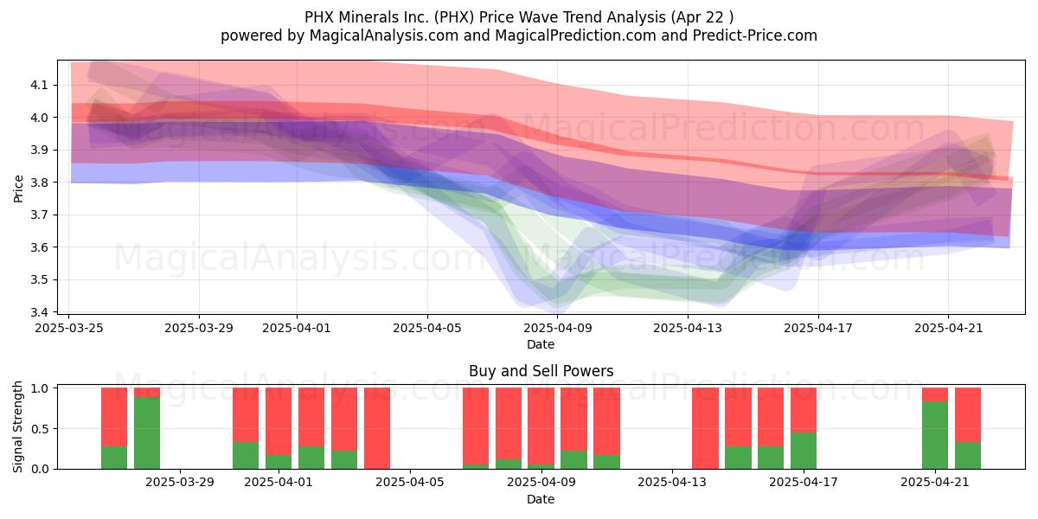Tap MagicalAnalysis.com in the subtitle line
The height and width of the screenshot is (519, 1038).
[384, 35]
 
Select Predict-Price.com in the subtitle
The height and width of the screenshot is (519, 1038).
[755, 35]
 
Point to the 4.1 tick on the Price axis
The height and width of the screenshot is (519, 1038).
[39, 86]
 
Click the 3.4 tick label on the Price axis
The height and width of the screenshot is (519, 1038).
[39, 312]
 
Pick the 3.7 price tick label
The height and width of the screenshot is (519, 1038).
[39, 215]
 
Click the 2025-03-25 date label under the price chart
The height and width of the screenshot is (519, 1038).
[69, 328]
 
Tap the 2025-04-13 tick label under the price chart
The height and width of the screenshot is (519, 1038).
[688, 328]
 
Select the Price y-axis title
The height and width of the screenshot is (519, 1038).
[18, 189]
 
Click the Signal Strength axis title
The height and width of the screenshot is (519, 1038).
[17, 427]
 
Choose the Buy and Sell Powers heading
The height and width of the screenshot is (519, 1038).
[541, 371]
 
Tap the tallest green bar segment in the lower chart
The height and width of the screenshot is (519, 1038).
[147, 432]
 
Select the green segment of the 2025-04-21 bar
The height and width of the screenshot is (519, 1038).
[935, 435]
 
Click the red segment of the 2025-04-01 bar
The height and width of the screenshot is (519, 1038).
[279, 421]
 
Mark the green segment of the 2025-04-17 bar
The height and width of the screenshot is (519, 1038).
[804, 451]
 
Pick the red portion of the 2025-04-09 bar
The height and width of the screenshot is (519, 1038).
[541, 426]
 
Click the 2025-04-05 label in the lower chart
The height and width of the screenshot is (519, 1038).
[410, 483]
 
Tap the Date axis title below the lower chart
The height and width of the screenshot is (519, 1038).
[541, 499]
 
